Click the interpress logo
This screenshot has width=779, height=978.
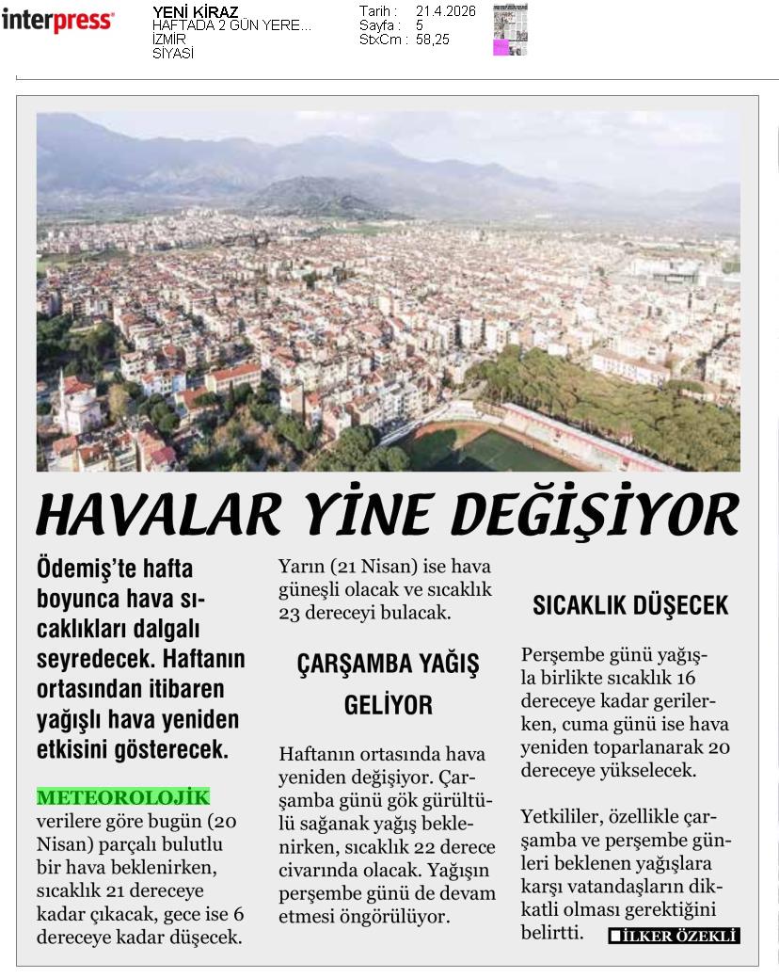point(57,20)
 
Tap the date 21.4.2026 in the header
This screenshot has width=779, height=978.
point(445,11)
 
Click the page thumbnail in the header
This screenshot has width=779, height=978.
point(510,29)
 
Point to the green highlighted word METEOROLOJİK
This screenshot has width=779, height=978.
point(122,798)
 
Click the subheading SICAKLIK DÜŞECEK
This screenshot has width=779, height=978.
point(630,605)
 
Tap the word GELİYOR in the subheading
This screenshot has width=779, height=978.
point(388,705)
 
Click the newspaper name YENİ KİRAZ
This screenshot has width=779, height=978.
point(195,12)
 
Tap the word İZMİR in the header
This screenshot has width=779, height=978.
point(169,40)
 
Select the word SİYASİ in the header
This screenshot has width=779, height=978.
point(173,54)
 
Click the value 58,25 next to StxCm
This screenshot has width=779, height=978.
point(433,40)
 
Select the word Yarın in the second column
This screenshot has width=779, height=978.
point(299,567)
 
